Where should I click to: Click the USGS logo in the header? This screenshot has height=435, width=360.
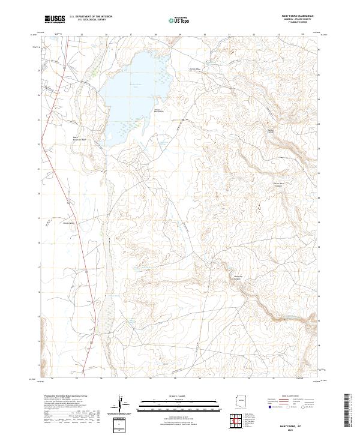(55, 19)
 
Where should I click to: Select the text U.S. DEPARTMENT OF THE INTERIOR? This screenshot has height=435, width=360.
(91, 17)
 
